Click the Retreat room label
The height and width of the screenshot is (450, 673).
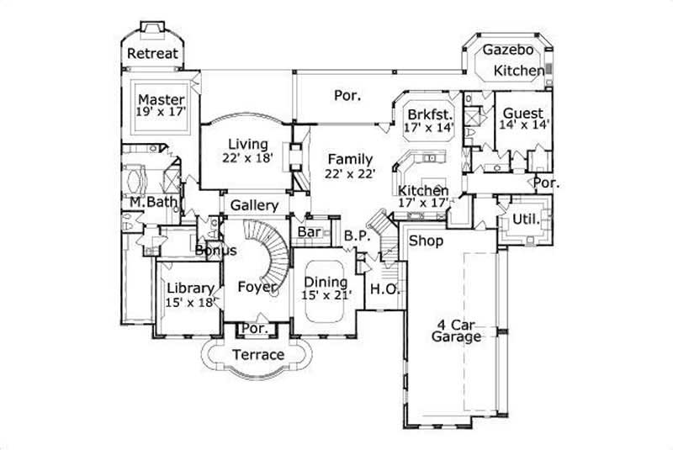pos(152,55)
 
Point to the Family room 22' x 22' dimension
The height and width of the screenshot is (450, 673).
pos(350,173)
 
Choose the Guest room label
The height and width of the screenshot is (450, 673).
pos(522,114)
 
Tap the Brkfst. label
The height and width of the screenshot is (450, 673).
pos(430,114)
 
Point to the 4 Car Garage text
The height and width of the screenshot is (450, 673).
pos(457,330)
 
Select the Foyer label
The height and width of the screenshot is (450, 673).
pos(257,287)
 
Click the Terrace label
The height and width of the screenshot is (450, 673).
pos(257,354)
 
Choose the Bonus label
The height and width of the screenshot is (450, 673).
pos(215,251)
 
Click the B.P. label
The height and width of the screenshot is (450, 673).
pos(357,237)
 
